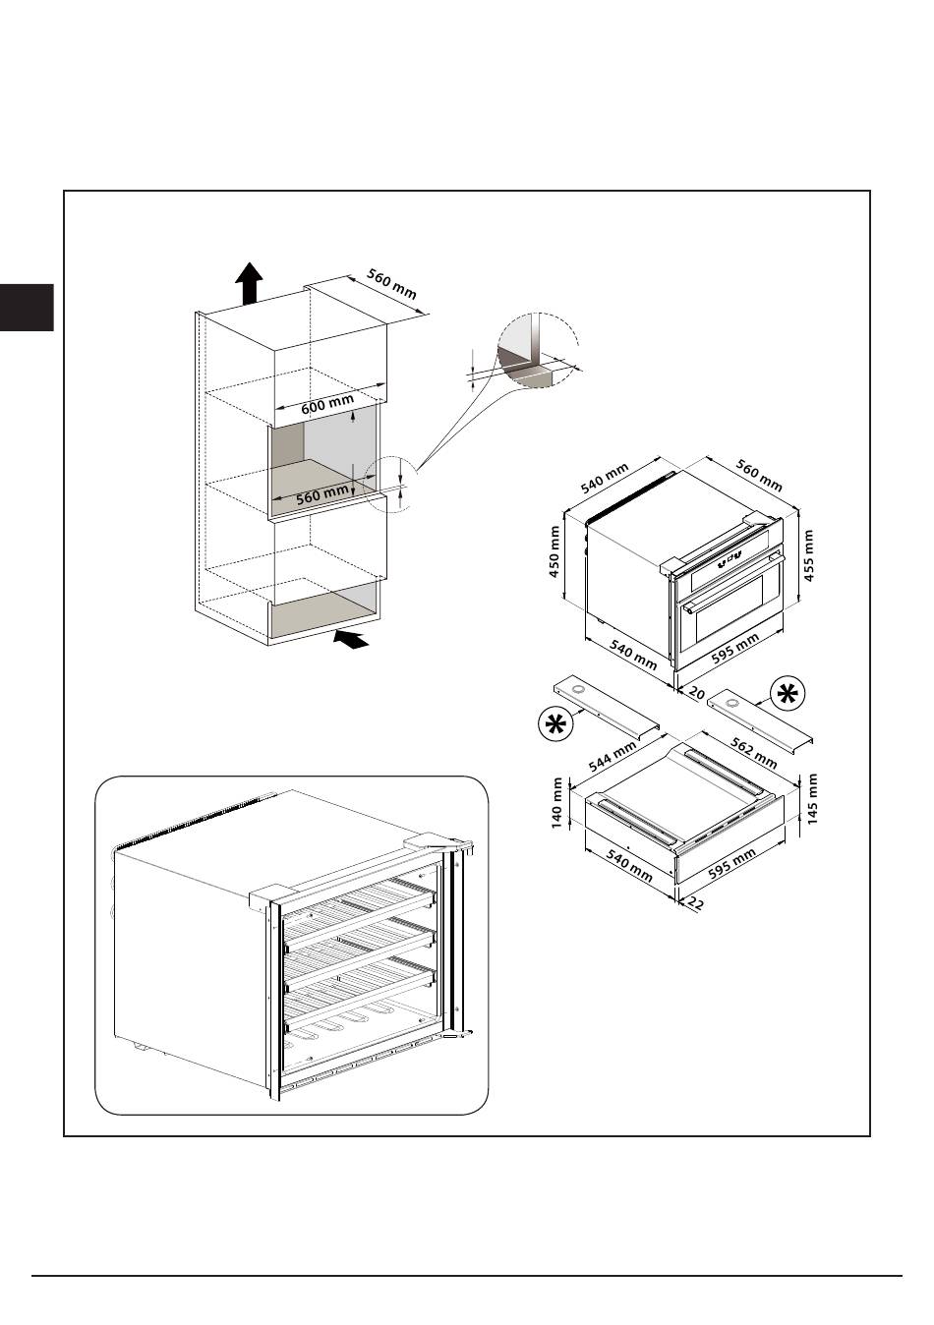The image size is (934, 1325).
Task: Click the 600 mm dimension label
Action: (327, 403)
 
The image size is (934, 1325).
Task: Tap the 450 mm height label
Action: (555, 551)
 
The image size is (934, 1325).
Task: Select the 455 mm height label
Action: (808, 555)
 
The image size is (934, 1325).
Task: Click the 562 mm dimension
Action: (756, 752)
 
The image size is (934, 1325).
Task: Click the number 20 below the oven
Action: (696, 693)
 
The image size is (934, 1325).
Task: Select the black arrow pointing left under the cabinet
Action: (351, 640)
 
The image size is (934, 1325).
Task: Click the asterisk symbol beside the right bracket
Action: (787, 693)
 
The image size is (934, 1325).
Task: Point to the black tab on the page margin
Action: (27, 307)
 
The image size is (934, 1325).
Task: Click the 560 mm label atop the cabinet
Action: (392, 284)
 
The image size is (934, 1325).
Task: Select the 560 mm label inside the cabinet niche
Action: (322, 493)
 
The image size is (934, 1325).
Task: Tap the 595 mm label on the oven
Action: (734, 650)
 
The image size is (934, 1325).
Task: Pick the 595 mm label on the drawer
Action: (731, 866)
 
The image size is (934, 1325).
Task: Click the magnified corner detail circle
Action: (535, 351)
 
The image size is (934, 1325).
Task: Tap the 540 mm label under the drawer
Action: (629, 866)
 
